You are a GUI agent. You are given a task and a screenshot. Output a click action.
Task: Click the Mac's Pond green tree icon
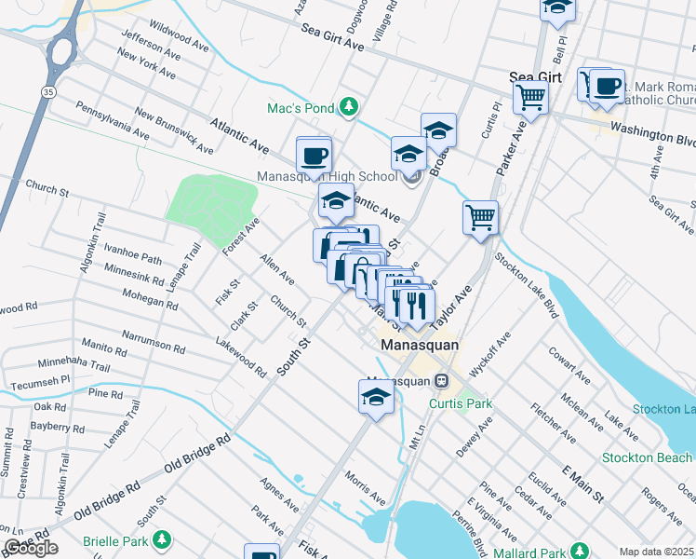[349, 108]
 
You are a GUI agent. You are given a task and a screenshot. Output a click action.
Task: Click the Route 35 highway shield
[47, 91]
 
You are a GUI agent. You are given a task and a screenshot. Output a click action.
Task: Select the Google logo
[31, 548]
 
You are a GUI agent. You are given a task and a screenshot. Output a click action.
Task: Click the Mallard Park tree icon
[578, 550]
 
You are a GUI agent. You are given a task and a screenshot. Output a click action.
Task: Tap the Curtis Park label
[460, 403]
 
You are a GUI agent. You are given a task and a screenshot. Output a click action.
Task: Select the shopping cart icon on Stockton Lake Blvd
[480, 218]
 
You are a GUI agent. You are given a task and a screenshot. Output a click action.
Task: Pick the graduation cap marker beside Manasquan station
[376, 397]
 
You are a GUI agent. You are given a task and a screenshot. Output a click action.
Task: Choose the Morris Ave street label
[364, 488]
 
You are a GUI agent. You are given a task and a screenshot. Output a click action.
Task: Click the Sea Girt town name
[535, 77]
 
